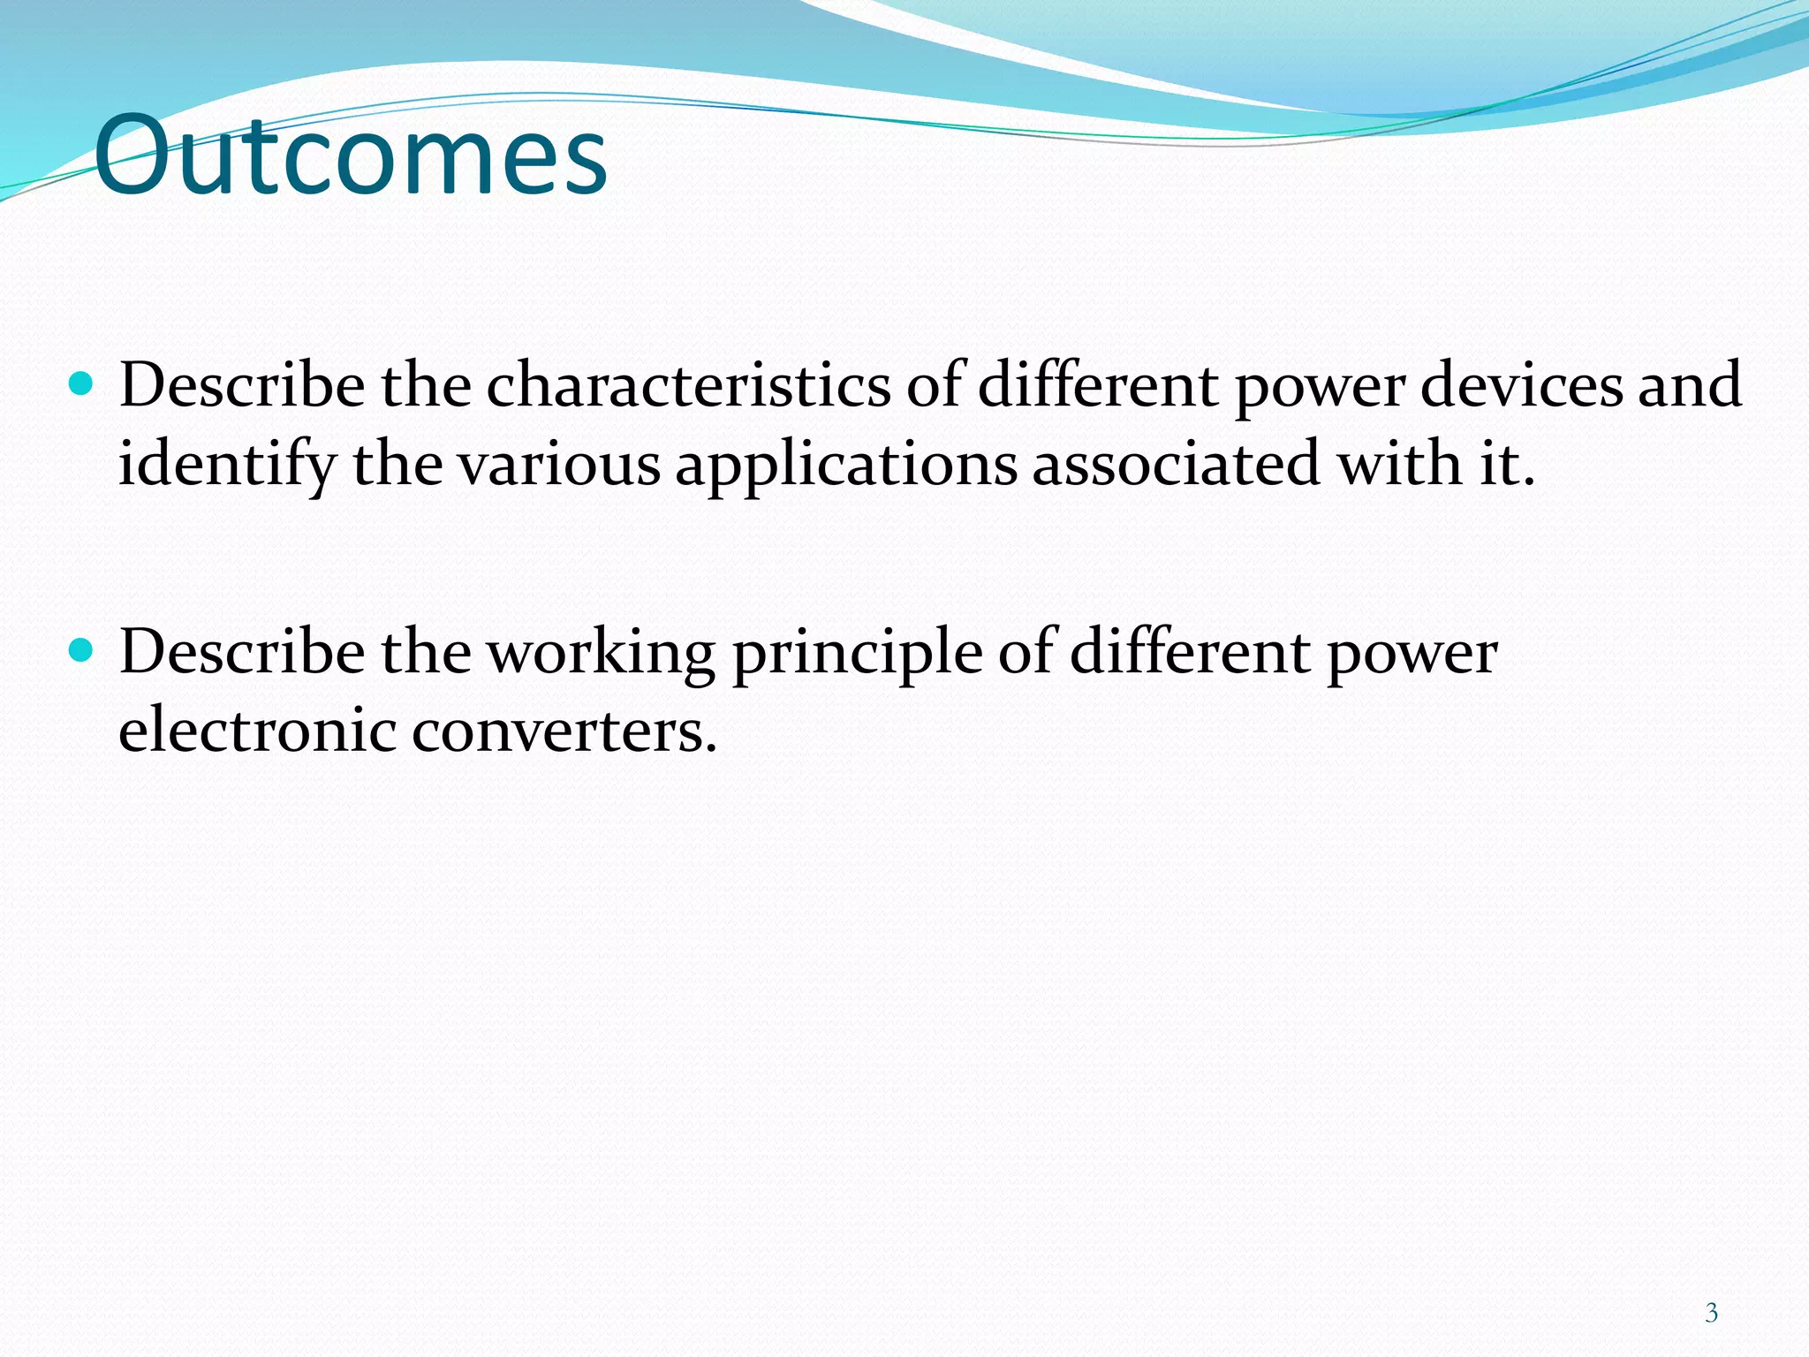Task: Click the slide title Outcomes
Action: click(x=351, y=157)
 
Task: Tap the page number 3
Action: click(x=1711, y=1313)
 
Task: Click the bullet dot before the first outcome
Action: click(x=80, y=383)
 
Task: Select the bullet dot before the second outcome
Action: click(x=80, y=651)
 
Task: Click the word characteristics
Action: click(x=688, y=385)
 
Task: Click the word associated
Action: click(x=1176, y=464)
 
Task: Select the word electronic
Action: click(x=257, y=732)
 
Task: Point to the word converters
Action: click(x=564, y=732)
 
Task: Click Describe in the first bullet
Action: click(x=242, y=385)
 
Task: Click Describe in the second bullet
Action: click(x=242, y=653)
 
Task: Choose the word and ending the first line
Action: click(x=1689, y=385)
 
